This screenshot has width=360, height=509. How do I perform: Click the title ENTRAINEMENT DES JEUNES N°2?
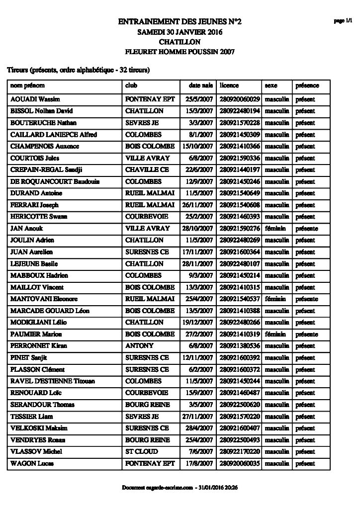(x=180, y=21)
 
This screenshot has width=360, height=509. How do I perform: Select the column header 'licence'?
(x=229, y=85)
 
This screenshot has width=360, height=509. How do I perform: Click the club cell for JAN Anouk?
(x=148, y=229)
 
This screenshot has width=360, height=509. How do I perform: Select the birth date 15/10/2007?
(x=198, y=147)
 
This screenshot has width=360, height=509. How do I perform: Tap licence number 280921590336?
(x=240, y=158)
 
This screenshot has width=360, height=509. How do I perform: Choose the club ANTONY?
(x=140, y=346)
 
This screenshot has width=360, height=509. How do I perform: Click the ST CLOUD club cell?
(x=142, y=452)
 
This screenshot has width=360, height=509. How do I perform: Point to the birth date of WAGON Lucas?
(x=200, y=464)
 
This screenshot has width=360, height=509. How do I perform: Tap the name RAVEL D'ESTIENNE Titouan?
(x=53, y=381)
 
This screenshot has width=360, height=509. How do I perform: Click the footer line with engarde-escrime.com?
(x=180, y=488)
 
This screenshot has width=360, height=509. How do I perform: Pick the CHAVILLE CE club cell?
(x=147, y=170)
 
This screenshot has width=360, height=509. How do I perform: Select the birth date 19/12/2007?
(x=198, y=323)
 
